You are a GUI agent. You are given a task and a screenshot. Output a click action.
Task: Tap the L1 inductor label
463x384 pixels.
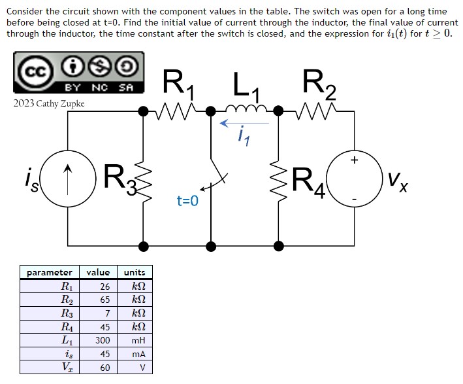pos(244,86)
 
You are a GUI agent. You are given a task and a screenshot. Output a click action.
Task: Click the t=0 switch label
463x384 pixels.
pos(187,202)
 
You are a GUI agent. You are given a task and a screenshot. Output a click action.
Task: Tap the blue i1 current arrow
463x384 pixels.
pos(244,122)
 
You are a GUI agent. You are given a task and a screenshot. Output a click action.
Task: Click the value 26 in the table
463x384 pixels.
pos(104,286)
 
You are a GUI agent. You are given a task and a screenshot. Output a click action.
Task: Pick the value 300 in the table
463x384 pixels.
pos(101,340)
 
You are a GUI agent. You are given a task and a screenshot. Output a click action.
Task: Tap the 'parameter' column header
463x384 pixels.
pos(50,272)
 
